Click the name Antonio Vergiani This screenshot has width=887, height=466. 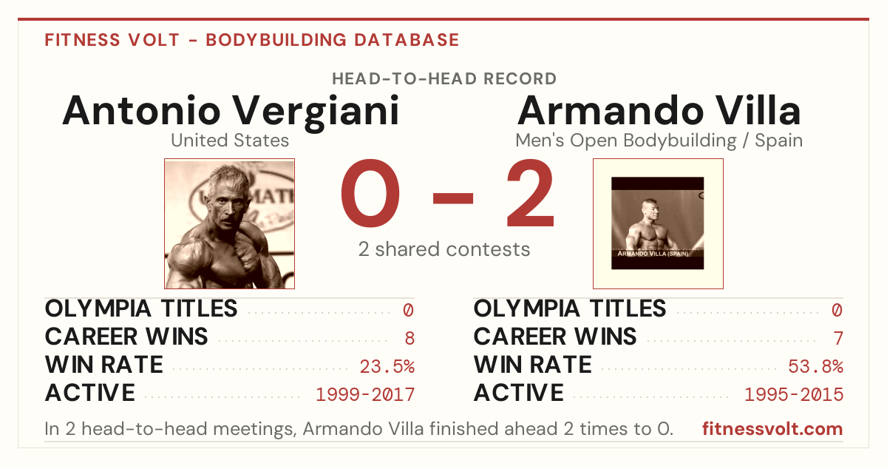[231, 112]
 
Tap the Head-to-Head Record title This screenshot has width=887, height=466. [444, 79]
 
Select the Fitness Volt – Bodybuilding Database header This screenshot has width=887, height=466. [252, 40]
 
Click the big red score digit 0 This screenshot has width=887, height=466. [370, 193]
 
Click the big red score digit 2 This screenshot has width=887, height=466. [531, 193]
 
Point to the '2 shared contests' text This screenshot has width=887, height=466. [444, 249]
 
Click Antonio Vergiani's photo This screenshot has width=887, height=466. [230, 224]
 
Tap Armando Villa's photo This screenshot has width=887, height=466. [658, 224]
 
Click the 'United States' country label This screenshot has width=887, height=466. [230, 141]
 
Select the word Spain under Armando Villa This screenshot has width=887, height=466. [778, 141]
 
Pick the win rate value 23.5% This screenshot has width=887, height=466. [387, 366]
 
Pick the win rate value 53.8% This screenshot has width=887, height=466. [816, 366]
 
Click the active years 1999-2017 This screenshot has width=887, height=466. [365, 395]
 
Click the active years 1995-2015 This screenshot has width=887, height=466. [794, 395]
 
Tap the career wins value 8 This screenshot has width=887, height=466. [409, 338]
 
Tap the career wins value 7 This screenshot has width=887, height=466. [838, 338]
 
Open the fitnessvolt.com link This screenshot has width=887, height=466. [772, 429]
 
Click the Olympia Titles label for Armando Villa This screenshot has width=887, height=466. [570, 308]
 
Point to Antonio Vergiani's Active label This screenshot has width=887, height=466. [90, 393]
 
